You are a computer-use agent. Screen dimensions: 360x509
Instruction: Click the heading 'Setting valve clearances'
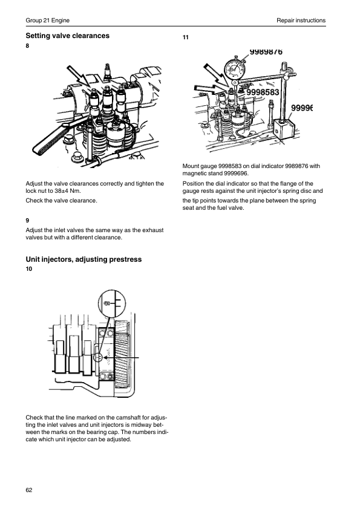68,36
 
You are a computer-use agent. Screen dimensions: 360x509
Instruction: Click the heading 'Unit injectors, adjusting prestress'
83,259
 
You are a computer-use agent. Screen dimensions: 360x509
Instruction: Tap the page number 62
29,490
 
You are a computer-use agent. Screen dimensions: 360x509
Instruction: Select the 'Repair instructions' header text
301,20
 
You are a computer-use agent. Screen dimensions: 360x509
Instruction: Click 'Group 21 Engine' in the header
47,20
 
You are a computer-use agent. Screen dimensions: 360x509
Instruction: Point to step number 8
27,46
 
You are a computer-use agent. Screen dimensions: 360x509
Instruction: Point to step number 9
27,221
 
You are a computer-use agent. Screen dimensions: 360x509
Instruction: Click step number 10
29,269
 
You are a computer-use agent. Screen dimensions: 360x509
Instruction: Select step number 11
186,37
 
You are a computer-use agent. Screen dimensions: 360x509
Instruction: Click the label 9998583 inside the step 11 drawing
263,92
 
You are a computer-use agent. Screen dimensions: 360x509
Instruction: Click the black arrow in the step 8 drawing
79,77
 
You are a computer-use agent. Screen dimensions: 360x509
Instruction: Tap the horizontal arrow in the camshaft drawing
121,358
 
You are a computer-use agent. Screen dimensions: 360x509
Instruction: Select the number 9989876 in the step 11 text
297,166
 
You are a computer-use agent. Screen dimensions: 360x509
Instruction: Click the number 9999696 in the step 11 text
236,173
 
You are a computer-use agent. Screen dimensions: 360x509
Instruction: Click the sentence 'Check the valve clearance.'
61,201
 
